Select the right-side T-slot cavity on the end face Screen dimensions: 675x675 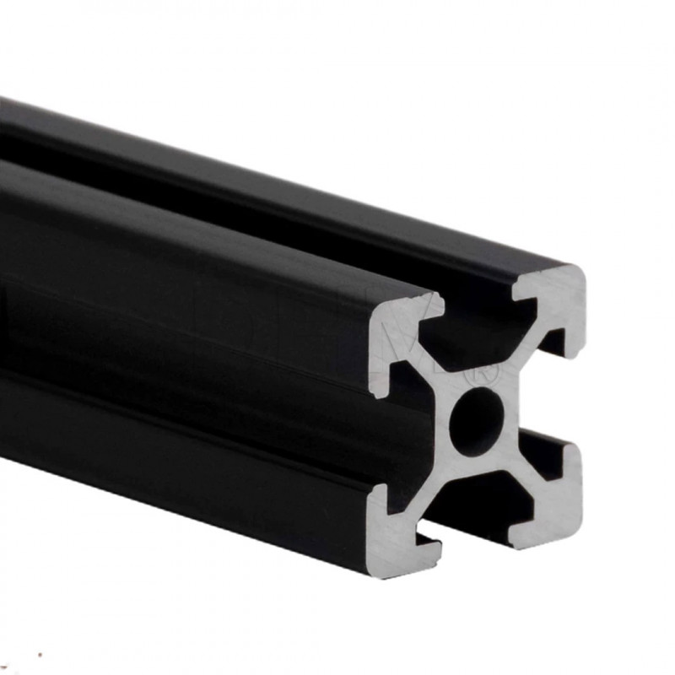[x=548, y=397]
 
